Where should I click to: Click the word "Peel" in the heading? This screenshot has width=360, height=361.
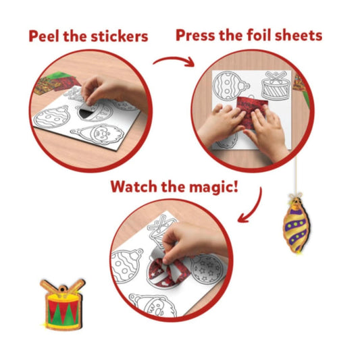click(44, 36)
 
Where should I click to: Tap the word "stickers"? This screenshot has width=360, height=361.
click(120, 36)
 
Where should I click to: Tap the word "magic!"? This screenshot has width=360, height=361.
click(213, 187)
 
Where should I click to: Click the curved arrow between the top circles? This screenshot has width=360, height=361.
click(174, 60)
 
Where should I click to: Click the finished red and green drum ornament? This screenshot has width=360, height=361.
click(62, 304)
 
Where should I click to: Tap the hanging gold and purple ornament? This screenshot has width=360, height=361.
click(297, 225)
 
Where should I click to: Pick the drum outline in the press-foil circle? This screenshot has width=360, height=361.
click(275, 86)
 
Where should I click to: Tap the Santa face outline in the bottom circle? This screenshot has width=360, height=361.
click(153, 305)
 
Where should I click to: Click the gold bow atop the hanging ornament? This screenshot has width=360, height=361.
click(296, 196)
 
